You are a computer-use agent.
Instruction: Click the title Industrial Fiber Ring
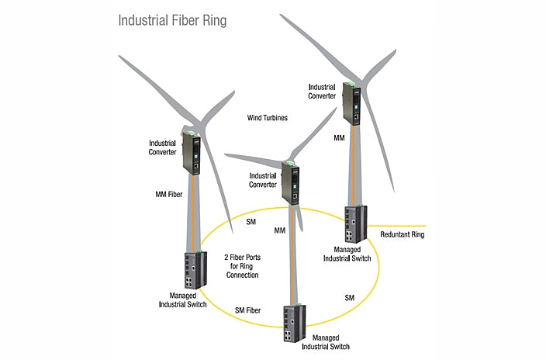click(x=172, y=19)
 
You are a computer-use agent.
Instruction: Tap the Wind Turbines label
click(x=268, y=119)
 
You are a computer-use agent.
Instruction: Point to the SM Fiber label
click(x=247, y=310)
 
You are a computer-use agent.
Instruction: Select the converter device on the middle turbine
click(x=292, y=183)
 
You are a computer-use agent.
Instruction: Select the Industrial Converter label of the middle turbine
click(x=264, y=181)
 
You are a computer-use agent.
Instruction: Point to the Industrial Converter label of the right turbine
click(x=323, y=92)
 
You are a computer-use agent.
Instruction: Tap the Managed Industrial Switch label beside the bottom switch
click(x=337, y=343)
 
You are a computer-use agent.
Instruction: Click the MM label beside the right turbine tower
click(x=339, y=137)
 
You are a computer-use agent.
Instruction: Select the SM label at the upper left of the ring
click(x=251, y=223)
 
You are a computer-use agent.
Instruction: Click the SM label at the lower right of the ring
click(x=349, y=298)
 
